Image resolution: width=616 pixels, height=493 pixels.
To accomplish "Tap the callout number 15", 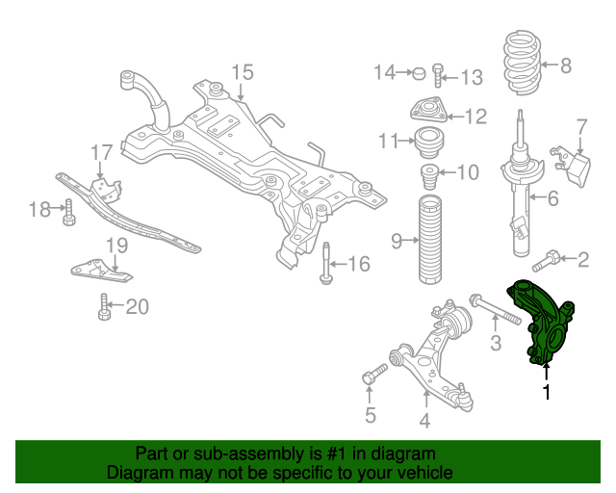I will point(242,71).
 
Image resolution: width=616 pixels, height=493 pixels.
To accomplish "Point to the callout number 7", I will point(581,126).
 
